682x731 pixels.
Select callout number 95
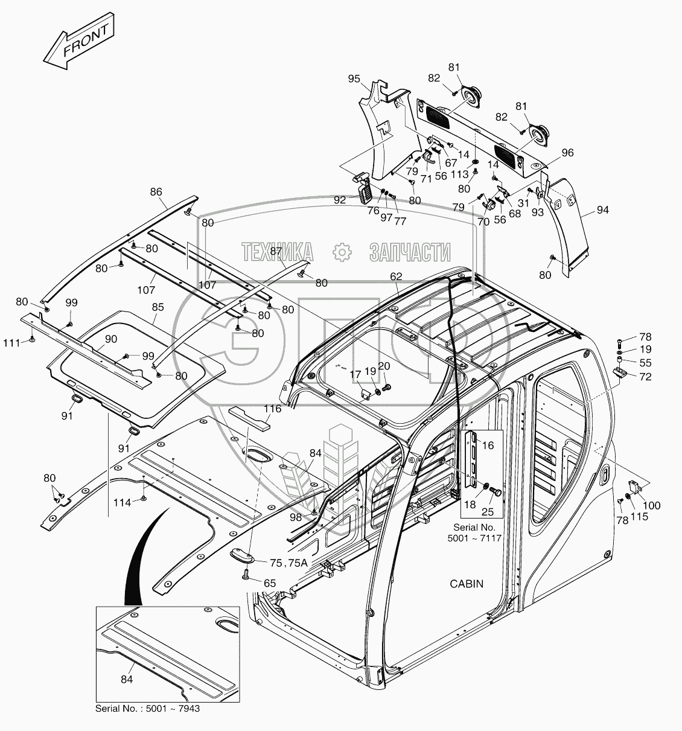[354, 78]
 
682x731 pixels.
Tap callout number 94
[602, 210]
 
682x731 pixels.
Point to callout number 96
[567, 153]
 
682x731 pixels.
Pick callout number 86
[156, 192]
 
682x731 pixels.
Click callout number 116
[273, 409]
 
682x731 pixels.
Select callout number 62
[396, 276]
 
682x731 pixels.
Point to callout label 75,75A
[288, 563]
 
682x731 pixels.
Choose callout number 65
[269, 583]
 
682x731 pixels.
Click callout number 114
[122, 503]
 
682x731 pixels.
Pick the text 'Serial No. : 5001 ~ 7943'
[147, 708]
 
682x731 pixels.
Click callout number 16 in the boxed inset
[488, 445]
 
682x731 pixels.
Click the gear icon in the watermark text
[341, 251]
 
